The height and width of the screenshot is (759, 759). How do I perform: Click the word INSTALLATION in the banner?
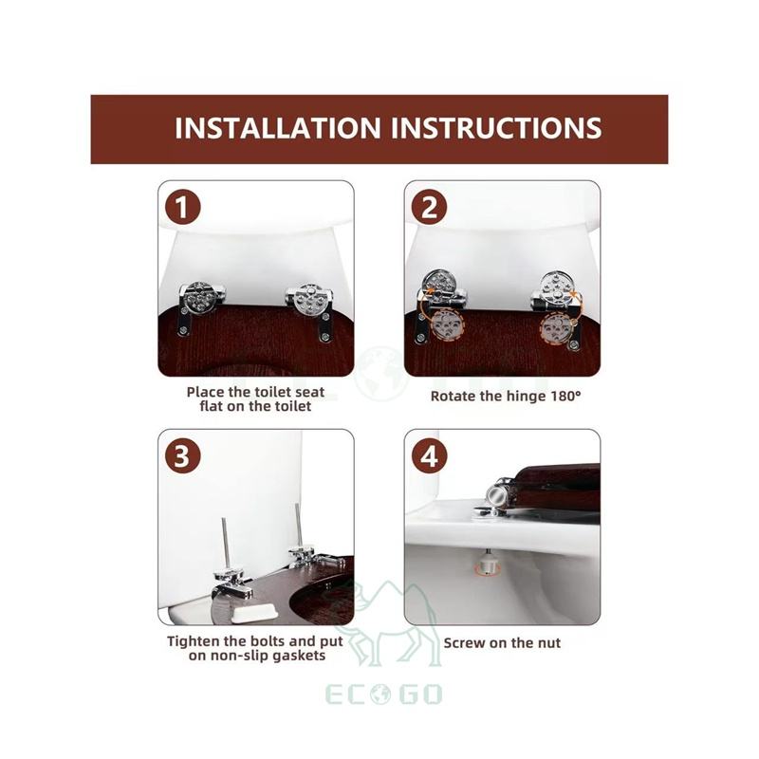click(278, 128)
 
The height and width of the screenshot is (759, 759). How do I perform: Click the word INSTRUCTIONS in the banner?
click(496, 128)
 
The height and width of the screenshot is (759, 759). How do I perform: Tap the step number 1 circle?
click(182, 207)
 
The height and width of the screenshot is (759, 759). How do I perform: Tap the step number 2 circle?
click(429, 207)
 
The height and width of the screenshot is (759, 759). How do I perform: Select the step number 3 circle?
click(182, 455)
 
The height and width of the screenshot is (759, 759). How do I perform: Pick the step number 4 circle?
click(429, 455)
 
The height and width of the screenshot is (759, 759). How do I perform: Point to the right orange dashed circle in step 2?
click(554, 327)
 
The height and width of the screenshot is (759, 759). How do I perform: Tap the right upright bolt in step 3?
click(298, 527)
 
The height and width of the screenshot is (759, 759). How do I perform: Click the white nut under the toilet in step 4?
click(486, 564)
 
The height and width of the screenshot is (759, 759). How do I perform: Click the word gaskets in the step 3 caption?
click(299, 656)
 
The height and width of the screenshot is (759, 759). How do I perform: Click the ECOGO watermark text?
click(383, 694)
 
